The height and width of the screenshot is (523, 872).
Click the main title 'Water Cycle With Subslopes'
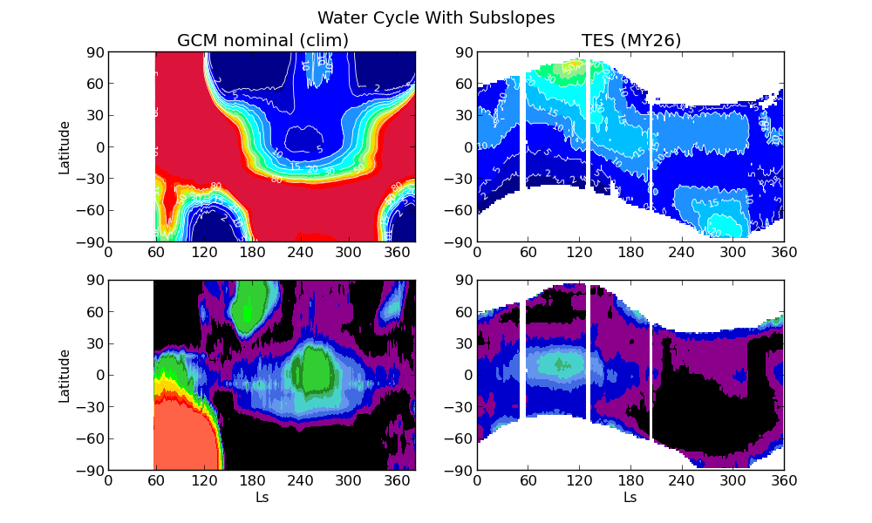tap(436, 17)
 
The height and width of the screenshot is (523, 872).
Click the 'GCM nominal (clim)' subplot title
tap(262, 40)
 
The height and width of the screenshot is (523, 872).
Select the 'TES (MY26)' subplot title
tap(631, 40)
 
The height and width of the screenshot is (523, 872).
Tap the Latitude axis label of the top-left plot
tap(65, 146)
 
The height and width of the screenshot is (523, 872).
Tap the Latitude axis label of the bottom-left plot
tap(65, 375)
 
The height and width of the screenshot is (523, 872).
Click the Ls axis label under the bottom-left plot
tap(262, 497)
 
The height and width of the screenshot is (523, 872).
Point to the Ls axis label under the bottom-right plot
tap(630, 497)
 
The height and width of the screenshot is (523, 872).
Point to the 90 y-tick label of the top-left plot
tap(94, 52)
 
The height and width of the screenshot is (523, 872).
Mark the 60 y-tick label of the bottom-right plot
tap(463, 312)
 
